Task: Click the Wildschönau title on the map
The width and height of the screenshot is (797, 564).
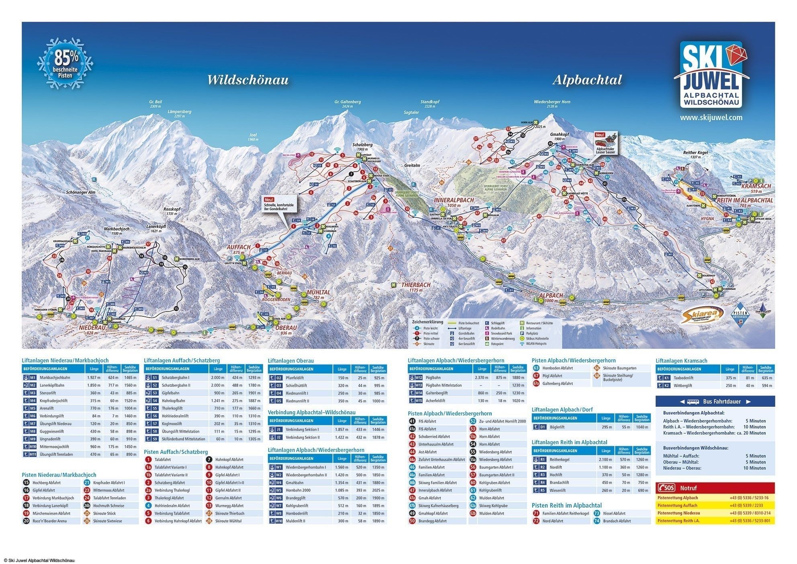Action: [x=247, y=80]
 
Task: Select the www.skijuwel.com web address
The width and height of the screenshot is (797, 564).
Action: [x=711, y=118]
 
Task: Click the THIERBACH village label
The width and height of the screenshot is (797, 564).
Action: [x=416, y=285]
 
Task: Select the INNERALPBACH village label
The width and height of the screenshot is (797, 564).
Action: [x=454, y=200]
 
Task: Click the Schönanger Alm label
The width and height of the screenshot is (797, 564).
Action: [x=80, y=193]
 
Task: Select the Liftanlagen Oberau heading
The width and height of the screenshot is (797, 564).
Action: [x=290, y=361]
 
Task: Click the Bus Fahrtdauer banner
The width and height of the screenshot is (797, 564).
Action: [x=715, y=402]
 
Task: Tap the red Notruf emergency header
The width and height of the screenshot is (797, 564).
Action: [x=715, y=488]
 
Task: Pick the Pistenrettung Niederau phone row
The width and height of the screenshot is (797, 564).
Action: [x=715, y=513]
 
